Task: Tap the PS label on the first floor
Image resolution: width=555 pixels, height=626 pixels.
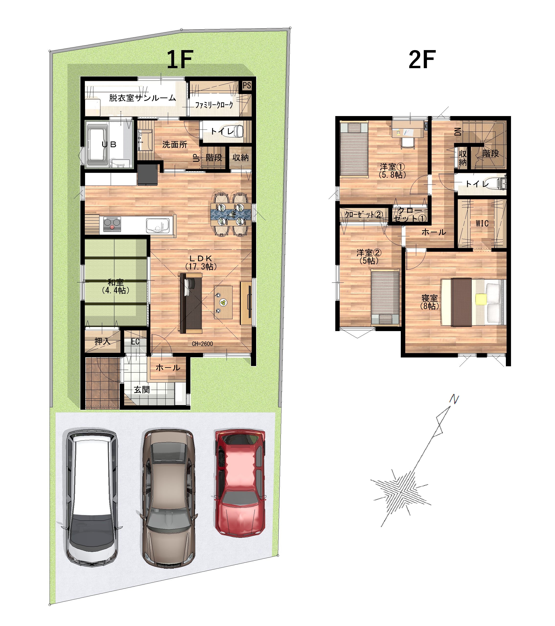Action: [247, 86]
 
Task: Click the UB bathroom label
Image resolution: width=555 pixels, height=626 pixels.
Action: [109, 144]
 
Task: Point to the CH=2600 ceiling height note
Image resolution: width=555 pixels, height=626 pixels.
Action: [202, 344]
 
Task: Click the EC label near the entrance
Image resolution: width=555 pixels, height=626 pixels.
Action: [135, 342]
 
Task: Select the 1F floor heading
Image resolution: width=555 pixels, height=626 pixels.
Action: [180, 59]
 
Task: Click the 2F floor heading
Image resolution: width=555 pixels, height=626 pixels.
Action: [422, 59]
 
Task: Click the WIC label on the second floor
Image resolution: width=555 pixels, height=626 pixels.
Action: [482, 224]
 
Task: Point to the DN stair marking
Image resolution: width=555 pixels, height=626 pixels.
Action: [457, 132]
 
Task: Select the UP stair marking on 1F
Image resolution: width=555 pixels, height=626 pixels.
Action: [196, 158]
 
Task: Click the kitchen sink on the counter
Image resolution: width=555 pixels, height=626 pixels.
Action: [157, 226]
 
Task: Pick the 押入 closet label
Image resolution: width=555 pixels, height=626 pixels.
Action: [102, 341]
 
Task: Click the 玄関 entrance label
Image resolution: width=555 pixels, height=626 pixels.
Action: [142, 389]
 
